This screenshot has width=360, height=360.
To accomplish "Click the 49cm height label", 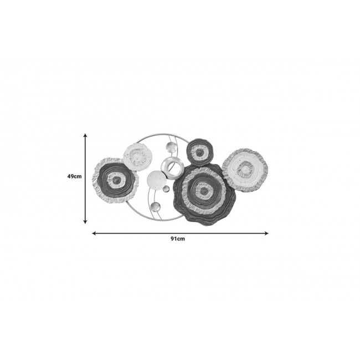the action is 74,176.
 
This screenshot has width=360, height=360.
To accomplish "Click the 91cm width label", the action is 178,239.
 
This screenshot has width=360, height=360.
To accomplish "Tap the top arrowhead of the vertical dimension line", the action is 85,136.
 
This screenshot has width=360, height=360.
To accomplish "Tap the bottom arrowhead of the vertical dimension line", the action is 85,222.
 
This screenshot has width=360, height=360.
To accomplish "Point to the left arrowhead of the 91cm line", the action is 94,233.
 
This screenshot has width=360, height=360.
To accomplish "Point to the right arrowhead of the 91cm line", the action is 266,233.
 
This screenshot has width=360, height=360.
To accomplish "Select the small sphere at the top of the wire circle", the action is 171,147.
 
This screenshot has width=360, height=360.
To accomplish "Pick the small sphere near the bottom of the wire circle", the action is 156,206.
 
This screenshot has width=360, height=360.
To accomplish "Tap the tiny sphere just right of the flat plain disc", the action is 166,189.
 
